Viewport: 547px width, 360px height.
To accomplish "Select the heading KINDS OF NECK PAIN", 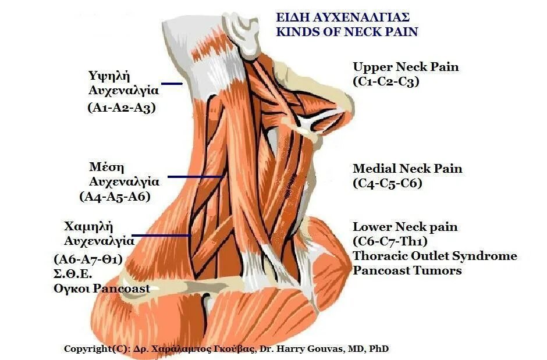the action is pyautogui.click(x=347, y=31).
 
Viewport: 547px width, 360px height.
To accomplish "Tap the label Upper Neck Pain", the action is pyautogui.click(x=406, y=67).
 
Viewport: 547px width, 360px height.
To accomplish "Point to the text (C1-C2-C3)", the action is pyautogui.click(x=386, y=81).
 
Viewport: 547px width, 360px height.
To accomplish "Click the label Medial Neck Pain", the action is pyautogui.click(x=407, y=169).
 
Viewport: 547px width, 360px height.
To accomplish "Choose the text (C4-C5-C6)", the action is pyautogui.click(x=387, y=183).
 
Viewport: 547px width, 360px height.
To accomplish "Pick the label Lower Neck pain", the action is pyautogui.click(x=405, y=227).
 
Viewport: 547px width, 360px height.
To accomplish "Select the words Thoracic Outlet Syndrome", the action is pyautogui.click(x=435, y=256).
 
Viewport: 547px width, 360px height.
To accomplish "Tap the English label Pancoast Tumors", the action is pyautogui.click(x=407, y=270).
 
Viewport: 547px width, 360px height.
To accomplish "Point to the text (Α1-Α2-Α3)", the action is pyautogui.click(x=122, y=107).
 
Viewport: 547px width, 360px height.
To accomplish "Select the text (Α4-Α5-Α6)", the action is pyautogui.click(x=115, y=196).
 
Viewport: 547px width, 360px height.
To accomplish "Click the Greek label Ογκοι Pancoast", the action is pyautogui.click(x=101, y=288).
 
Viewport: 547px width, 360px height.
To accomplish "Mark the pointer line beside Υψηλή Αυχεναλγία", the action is pyautogui.click(x=172, y=84).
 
